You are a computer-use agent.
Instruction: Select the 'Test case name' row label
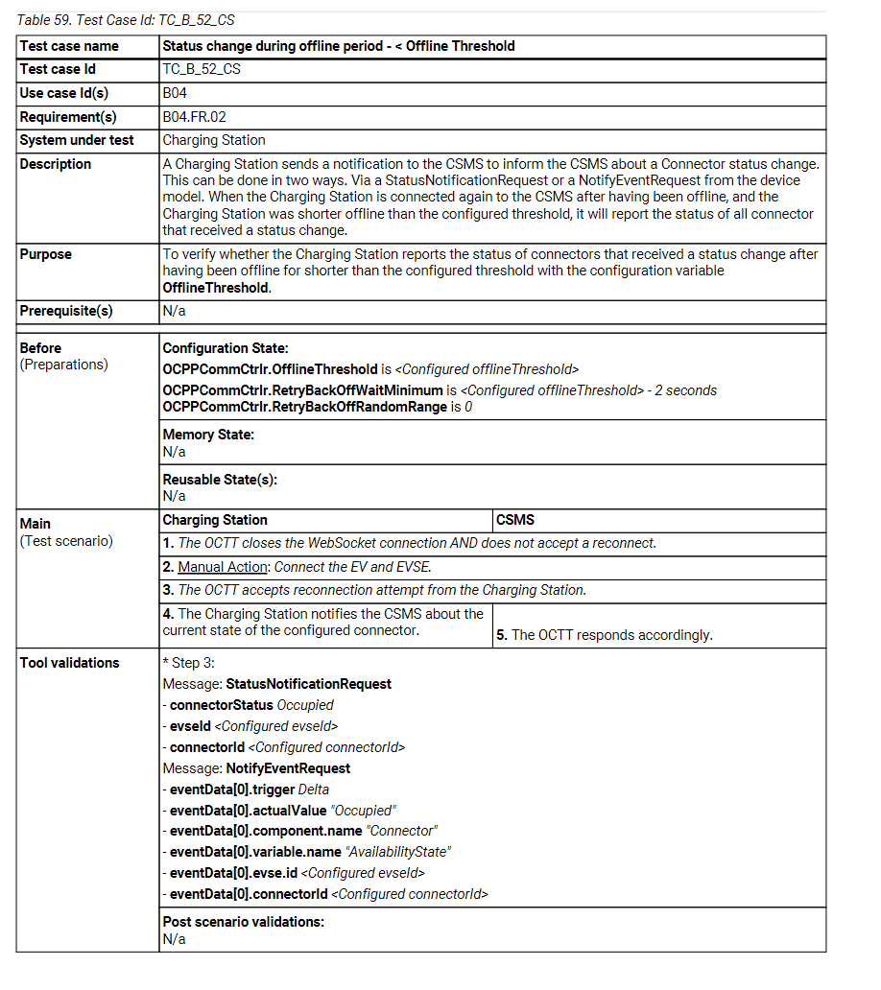[x=69, y=46]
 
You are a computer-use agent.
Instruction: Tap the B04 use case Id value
[x=175, y=93]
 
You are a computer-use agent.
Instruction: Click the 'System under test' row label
[x=77, y=140]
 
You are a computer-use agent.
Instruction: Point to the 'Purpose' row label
[x=46, y=254]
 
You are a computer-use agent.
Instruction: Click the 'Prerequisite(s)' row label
[x=66, y=311]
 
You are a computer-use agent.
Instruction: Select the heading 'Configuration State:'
[x=226, y=348]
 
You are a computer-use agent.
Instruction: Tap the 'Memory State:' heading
[x=208, y=435]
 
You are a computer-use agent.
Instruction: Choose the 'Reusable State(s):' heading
[x=220, y=480]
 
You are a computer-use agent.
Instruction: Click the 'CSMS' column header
[x=515, y=520]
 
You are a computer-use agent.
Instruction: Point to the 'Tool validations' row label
[x=70, y=663]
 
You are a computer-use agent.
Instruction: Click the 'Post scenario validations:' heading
[x=244, y=922]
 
